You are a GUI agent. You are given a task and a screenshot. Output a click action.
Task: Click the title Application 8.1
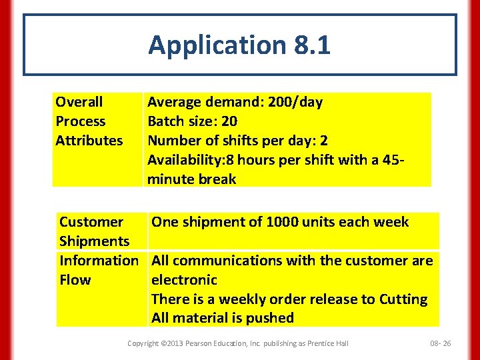(239, 45)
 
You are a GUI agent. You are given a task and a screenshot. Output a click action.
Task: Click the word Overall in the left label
(79, 102)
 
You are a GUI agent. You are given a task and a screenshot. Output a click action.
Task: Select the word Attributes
(89, 141)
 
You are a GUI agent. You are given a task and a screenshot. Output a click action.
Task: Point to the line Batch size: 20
(192, 121)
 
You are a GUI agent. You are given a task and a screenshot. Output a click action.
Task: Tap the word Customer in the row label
(91, 222)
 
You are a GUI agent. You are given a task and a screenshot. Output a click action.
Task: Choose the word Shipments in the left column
(94, 241)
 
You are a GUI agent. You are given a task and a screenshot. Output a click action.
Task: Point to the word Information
(99, 261)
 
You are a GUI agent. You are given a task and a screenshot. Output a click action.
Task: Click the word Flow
(75, 280)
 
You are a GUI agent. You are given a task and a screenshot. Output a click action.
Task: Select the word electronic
(185, 280)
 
